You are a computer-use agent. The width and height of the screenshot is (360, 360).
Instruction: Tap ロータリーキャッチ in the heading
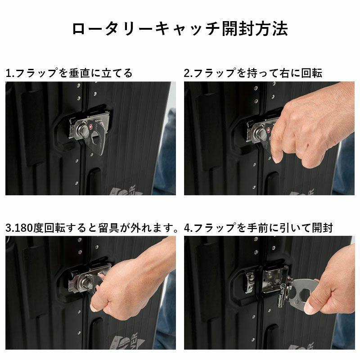[x=147, y=29]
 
